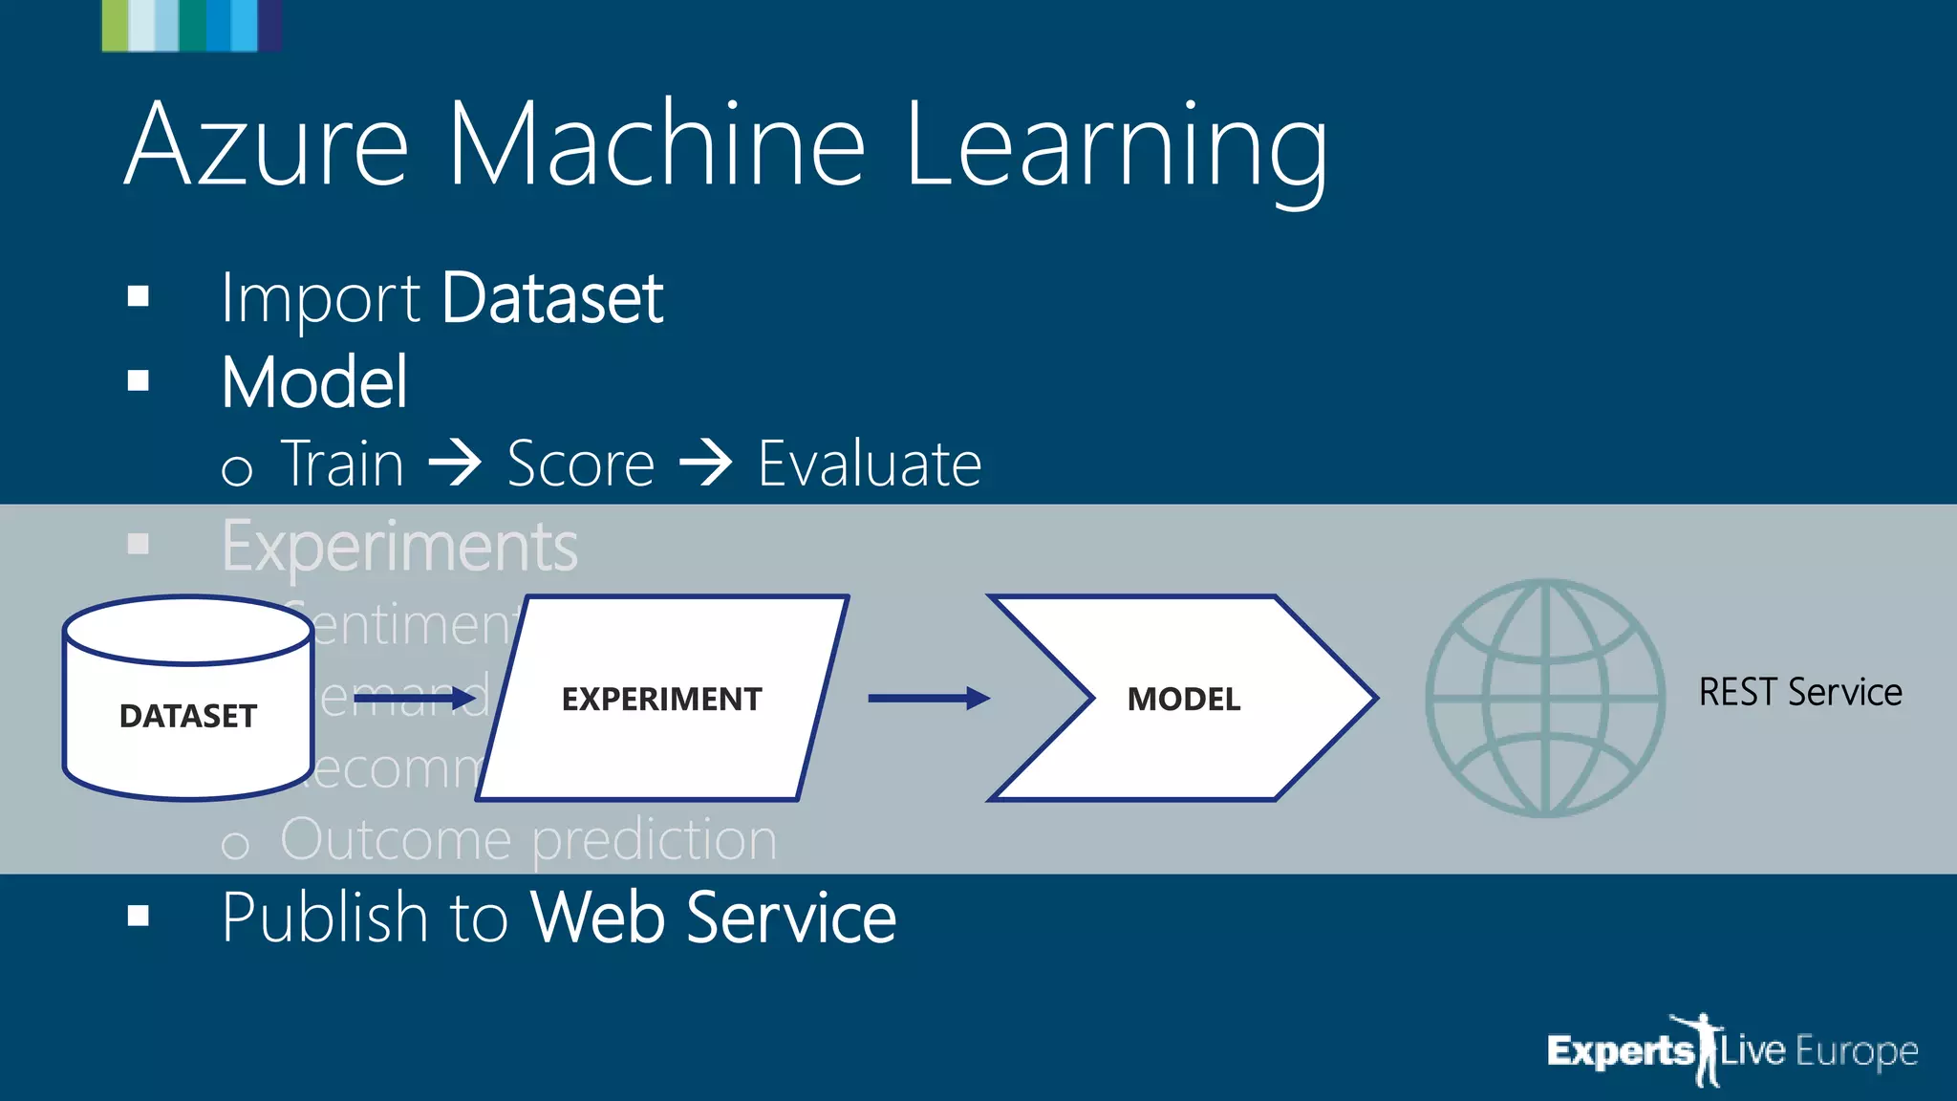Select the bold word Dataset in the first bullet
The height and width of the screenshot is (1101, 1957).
point(551,299)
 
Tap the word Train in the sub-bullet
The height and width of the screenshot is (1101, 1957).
point(343,464)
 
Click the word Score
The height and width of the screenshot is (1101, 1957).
point(580,464)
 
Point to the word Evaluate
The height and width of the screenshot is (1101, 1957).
point(869,464)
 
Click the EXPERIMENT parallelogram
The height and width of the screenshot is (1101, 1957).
point(661,699)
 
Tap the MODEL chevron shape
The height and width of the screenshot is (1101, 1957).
point(1183,699)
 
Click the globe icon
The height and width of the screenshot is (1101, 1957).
point(1544,698)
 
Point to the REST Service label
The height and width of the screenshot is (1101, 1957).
point(1799,692)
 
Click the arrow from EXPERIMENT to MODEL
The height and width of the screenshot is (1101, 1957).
point(927,699)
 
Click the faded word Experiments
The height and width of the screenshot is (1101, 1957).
point(399,547)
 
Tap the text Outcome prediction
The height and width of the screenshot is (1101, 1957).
point(527,840)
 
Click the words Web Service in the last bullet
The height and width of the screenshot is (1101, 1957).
point(713,917)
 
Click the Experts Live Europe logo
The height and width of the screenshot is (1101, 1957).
point(1731,1050)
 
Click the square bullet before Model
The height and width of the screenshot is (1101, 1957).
point(139,381)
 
